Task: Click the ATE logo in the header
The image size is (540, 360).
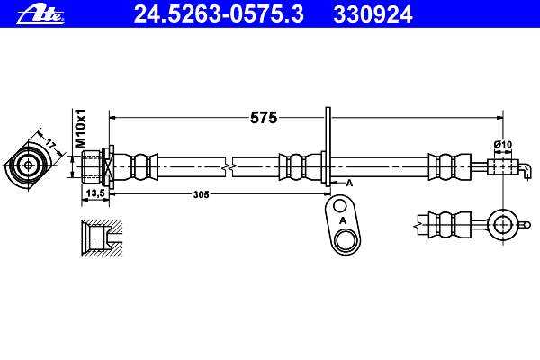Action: (x=40, y=15)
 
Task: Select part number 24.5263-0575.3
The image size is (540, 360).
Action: (x=219, y=14)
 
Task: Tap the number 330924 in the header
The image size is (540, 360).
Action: (x=373, y=14)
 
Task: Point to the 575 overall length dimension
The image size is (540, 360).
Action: (x=264, y=118)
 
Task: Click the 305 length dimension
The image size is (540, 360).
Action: (x=201, y=194)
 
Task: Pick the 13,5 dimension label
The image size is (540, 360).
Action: (x=95, y=193)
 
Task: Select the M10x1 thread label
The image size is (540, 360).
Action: (x=81, y=129)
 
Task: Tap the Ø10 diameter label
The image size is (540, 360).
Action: (x=503, y=144)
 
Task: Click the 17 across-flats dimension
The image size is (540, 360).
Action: (x=50, y=144)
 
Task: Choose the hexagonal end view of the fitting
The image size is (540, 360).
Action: (x=28, y=166)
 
